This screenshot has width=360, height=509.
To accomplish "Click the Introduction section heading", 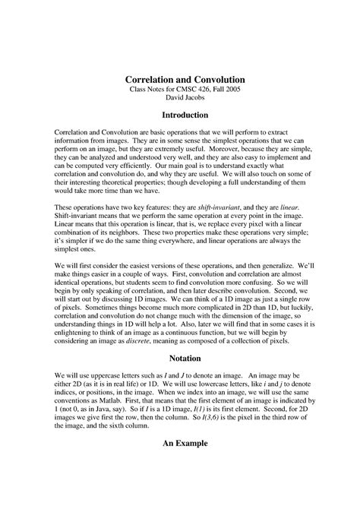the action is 180,115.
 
